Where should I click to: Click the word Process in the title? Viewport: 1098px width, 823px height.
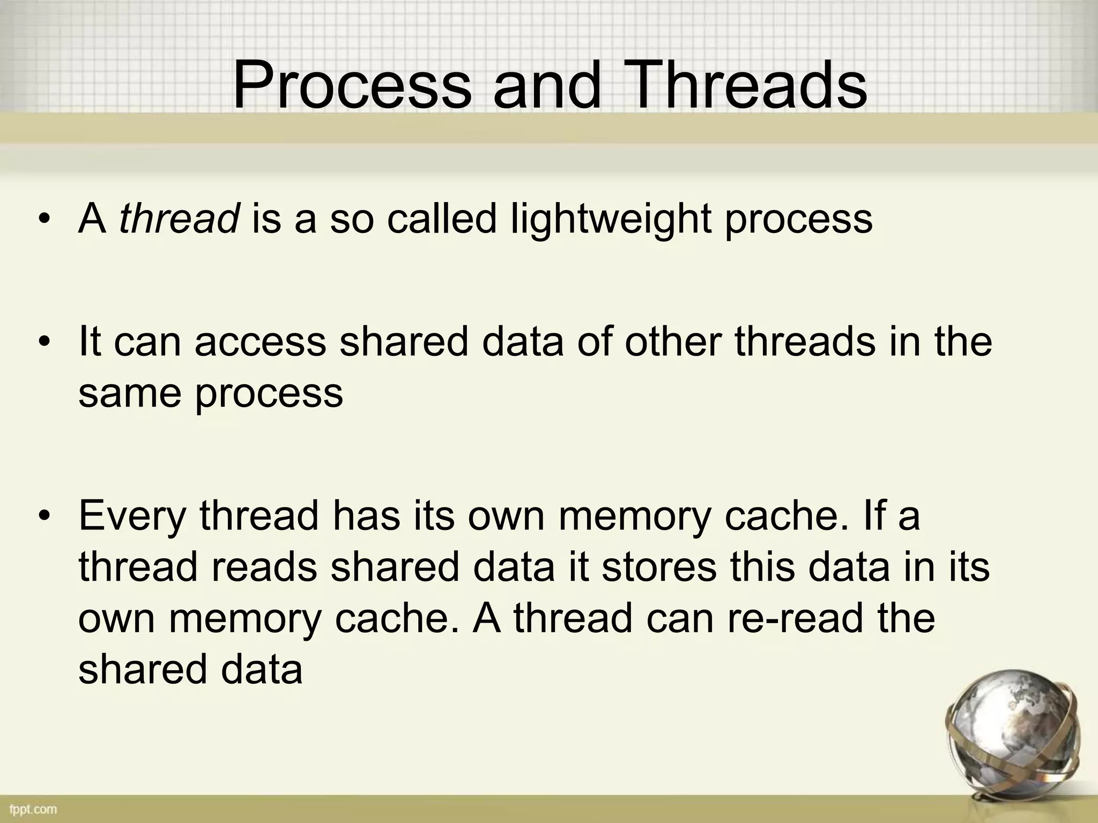point(351,86)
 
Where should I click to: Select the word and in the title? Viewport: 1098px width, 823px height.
point(547,86)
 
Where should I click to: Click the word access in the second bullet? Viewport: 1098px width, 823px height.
point(260,343)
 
